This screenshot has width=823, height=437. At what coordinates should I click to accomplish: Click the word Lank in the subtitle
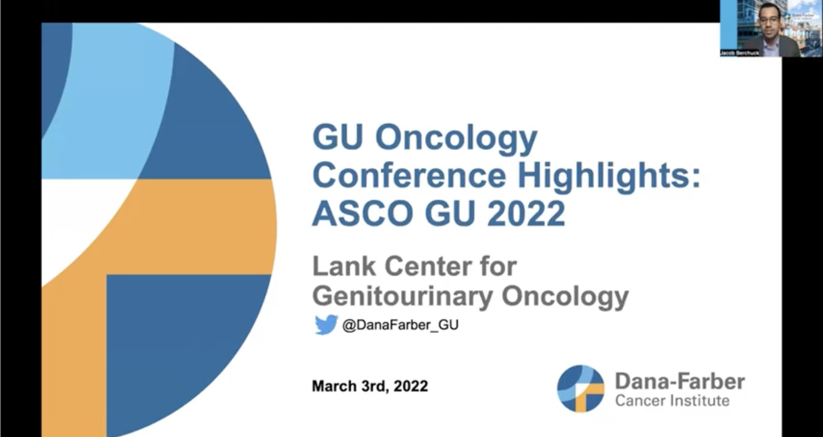click(x=344, y=266)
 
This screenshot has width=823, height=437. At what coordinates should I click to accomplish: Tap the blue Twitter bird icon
click(x=326, y=325)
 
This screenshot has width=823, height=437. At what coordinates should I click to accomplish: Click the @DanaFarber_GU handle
click(x=400, y=325)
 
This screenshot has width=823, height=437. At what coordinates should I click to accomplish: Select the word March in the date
click(x=334, y=386)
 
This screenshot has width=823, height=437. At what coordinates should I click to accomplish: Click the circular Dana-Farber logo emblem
click(x=581, y=388)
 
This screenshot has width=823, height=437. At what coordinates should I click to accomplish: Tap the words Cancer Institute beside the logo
click(x=672, y=401)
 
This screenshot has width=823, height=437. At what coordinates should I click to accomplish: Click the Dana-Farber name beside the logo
click(x=680, y=382)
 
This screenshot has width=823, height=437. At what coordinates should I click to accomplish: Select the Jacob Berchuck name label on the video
click(x=740, y=53)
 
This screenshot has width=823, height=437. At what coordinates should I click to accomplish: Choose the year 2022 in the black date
click(x=411, y=386)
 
